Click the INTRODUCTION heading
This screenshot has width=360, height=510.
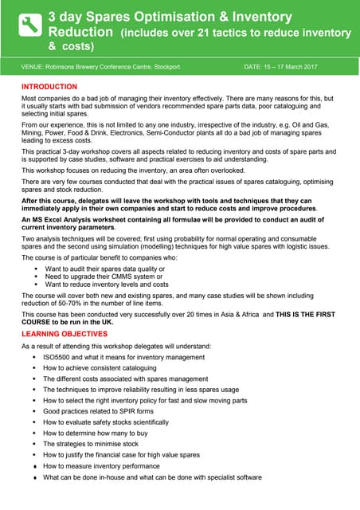click(49, 86)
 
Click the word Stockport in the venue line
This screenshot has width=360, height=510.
click(173, 66)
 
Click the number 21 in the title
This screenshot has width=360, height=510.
click(228, 33)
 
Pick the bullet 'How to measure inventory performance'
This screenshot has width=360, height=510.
click(104, 465)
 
